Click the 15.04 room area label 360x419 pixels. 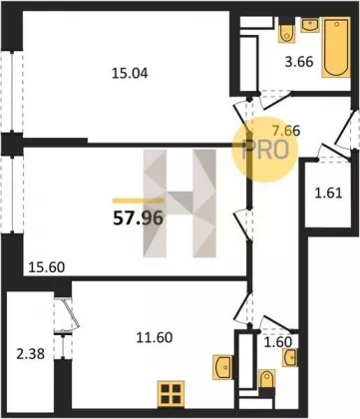[x=130, y=74]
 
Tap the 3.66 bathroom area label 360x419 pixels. [x=299, y=62]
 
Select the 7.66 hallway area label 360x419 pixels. [x=286, y=131]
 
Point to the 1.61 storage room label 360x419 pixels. [x=328, y=194]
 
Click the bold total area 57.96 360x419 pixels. [x=139, y=218]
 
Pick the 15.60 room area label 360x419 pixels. [x=47, y=267]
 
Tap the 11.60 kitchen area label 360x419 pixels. [x=155, y=337]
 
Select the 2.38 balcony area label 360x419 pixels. [x=31, y=354]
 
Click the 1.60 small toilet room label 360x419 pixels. [x=278, y=342]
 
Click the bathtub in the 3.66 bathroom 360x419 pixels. [x=336, y=47]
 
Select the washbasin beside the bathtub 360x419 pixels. [x=310, y=25]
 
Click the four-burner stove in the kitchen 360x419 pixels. [x=171, y=394]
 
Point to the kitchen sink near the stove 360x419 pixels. [x=222, y=367]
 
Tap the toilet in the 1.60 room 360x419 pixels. [x=267, y=379]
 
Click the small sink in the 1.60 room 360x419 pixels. [x=290, y=357]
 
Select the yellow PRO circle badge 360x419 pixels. [x=264, y=150]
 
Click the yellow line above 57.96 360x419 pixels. [x=138, y=201]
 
